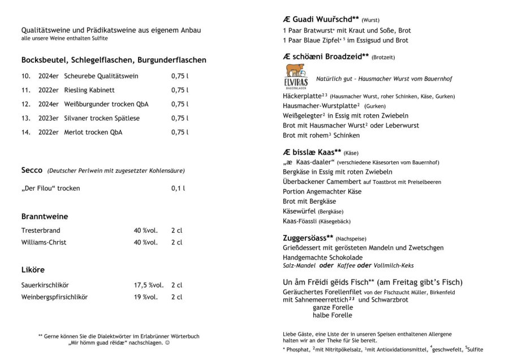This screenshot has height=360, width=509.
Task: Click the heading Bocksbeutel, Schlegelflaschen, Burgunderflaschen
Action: pos(114,59)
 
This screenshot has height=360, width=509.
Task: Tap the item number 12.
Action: pos(25,104)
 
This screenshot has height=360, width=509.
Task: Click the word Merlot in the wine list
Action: pos(75,132)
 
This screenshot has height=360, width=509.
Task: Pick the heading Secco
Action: pos(32,170)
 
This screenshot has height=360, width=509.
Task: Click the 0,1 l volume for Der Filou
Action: pos(178,188)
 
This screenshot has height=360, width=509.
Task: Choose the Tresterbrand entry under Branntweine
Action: pos(41,230)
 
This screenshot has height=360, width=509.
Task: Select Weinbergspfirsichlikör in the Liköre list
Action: pos(54,297)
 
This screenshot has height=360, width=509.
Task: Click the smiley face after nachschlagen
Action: pos(167,343)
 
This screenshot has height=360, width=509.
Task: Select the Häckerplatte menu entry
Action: pos(302,96)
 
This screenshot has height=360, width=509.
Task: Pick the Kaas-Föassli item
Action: pos(300,221)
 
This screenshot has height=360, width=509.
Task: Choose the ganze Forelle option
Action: pos(333,307)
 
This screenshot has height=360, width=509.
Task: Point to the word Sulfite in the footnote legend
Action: pos(476,349)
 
